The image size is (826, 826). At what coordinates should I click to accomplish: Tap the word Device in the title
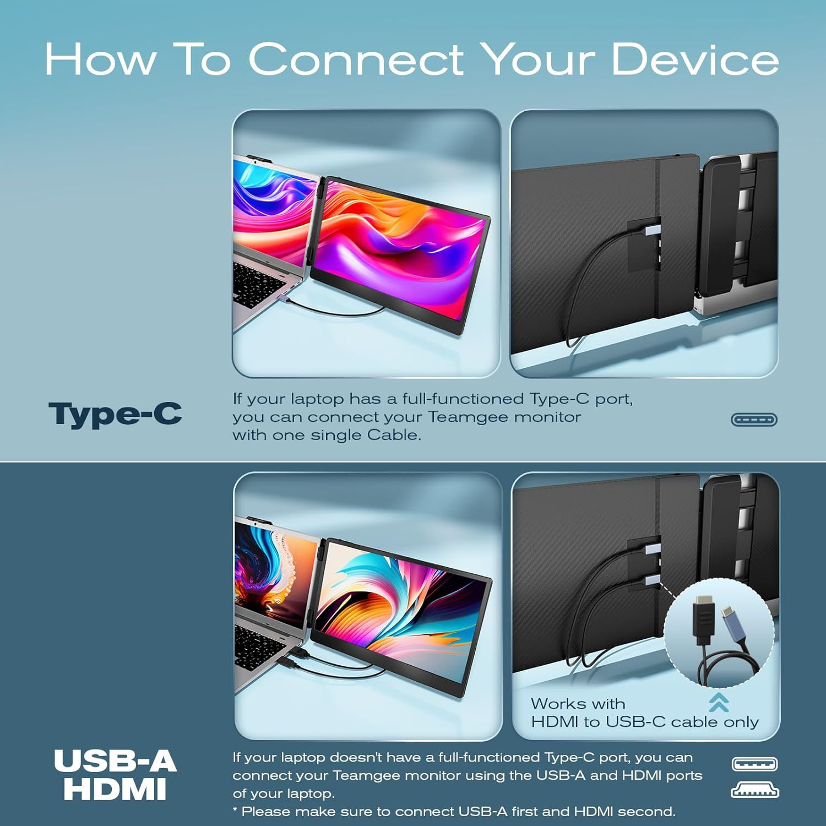click(x=695, y=59)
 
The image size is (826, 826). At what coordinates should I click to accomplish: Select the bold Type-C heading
click(x=115, y=414)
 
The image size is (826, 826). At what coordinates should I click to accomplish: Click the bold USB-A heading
click(x=115, y=762)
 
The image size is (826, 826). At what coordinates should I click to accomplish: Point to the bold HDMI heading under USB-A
click(x=115, y=789)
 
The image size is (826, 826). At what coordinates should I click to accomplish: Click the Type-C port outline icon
click(x=754, y=420)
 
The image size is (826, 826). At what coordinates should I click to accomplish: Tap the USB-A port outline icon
click(x=754, y=764)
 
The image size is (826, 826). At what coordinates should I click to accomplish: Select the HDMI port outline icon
click(x=754, y=792)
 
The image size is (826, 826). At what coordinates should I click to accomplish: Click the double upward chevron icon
click(x=719, y=702)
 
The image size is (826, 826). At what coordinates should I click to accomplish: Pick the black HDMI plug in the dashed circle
click(x=703, y=619)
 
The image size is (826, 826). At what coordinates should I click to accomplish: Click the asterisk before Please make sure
click(x=236, y=811)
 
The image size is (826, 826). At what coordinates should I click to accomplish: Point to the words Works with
click(x=578, y=704)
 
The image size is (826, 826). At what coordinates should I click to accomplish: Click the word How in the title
click(x=100, y=59)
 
